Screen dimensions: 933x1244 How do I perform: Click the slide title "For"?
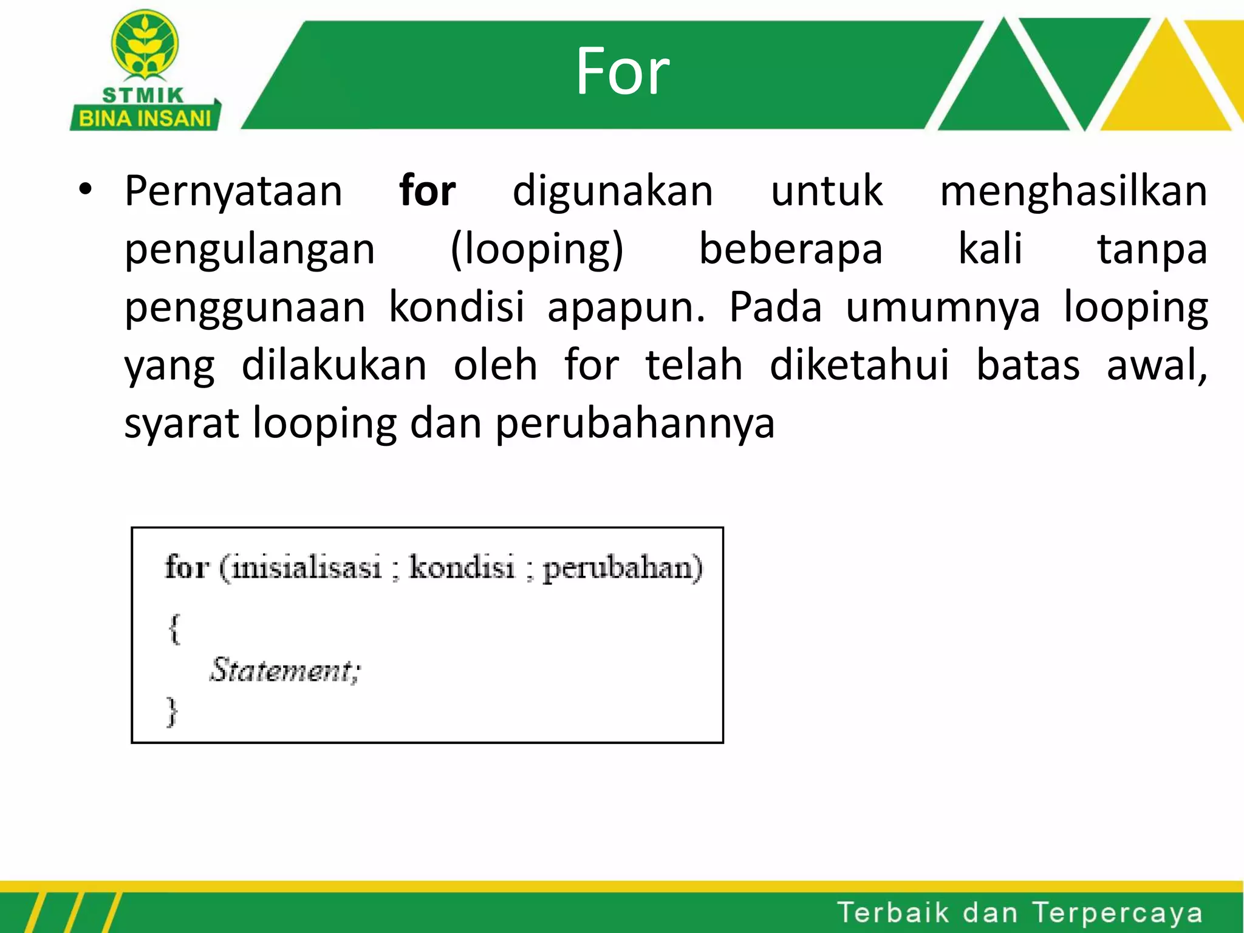(x=622, y=72)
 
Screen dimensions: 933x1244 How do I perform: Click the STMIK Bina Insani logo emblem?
(x=145, y=46)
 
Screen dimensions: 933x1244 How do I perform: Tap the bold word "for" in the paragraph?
(x=427, y=191)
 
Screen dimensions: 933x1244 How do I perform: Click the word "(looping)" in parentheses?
(x=537, y=249)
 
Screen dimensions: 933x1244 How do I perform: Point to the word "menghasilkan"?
(x=1073, y=191)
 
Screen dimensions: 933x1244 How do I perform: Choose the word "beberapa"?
(x=790, y=249)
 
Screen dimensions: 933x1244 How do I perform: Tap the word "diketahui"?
(x=859, y=366)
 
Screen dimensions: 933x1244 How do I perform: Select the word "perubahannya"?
(x=635, y=424)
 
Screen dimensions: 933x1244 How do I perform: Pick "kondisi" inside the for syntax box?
(x=462, y=567)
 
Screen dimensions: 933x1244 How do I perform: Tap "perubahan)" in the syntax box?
(x=622, y=569)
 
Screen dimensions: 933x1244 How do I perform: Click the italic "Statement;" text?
(x=285, y=671)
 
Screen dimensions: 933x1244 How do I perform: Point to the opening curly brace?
(x=174, y=629)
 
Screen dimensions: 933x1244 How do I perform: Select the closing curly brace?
(x=173, y=711)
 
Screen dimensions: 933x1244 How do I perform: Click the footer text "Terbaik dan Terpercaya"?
(x=1020, y=913)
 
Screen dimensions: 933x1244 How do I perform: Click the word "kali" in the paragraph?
(x=990, y=249)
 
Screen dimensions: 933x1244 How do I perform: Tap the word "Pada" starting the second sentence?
(x=775, y=307)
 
